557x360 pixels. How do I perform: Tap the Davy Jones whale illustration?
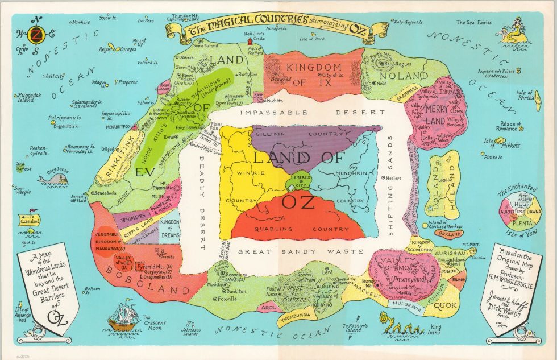tap(53, 179)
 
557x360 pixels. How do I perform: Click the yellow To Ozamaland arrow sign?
tap(28, 218)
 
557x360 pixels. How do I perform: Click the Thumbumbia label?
tap(298, 316)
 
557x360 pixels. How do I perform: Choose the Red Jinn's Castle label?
tap(255, 38)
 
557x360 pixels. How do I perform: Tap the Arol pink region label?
tap(268, 308)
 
